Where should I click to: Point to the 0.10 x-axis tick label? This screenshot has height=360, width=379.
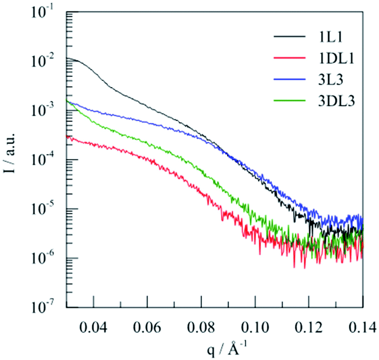pos(255,326)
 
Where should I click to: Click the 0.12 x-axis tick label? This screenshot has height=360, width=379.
pos(309,326)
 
